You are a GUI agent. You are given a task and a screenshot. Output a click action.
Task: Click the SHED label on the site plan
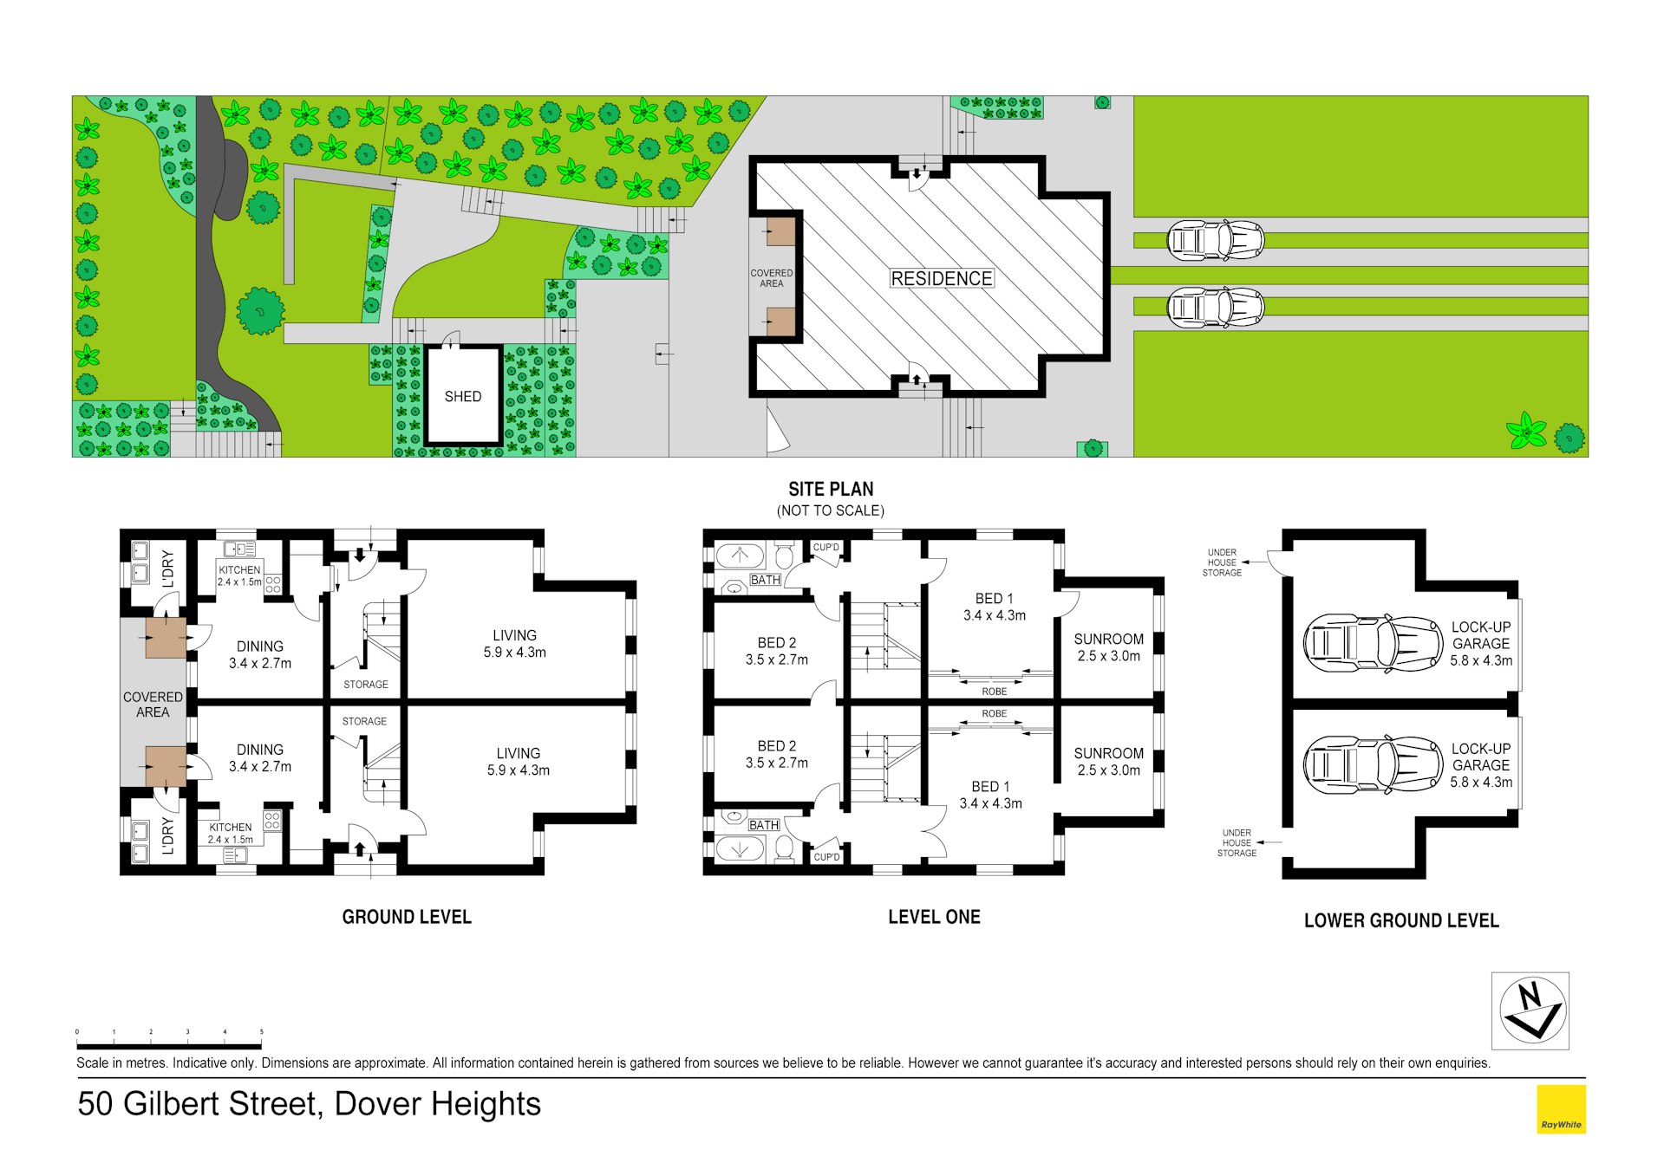click(x=462, y=396)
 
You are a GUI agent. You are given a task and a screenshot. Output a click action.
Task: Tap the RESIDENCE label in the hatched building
click(x=941, y=278)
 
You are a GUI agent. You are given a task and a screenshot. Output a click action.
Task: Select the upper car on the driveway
click(x=1215, y=240)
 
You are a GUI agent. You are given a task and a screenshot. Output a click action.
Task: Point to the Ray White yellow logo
click(x=1560, y=1108)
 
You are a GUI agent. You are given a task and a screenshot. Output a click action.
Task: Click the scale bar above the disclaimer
click(x=169, y=1045)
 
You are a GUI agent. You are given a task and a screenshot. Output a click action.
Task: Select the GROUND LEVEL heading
click(x=406, y=917)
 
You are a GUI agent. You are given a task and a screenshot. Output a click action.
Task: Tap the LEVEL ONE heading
click(x=933, y=917)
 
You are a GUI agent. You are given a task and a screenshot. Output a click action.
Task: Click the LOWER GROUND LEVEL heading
click(x=1400, y=920)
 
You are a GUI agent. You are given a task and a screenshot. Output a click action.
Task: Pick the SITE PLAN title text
click(x=830, y=489)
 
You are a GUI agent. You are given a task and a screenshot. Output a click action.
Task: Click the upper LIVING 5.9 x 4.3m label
click(x=514, y=644)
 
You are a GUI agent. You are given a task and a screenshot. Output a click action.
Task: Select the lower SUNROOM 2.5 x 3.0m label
click(x=1108, y=762)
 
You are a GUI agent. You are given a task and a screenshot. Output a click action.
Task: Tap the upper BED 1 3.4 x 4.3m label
click(x=994, y=607)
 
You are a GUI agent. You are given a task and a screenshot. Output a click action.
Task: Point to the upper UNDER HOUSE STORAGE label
click(x=1222, y=562)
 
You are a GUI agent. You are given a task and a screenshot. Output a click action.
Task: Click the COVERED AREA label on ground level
click(x=153, y=704)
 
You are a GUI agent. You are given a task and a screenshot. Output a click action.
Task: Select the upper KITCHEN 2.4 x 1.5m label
click(x=239, y=575)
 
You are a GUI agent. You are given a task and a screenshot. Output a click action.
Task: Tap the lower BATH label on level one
click(x=763, y=825)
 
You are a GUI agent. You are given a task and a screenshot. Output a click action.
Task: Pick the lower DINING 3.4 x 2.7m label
click(x=259, y=757)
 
